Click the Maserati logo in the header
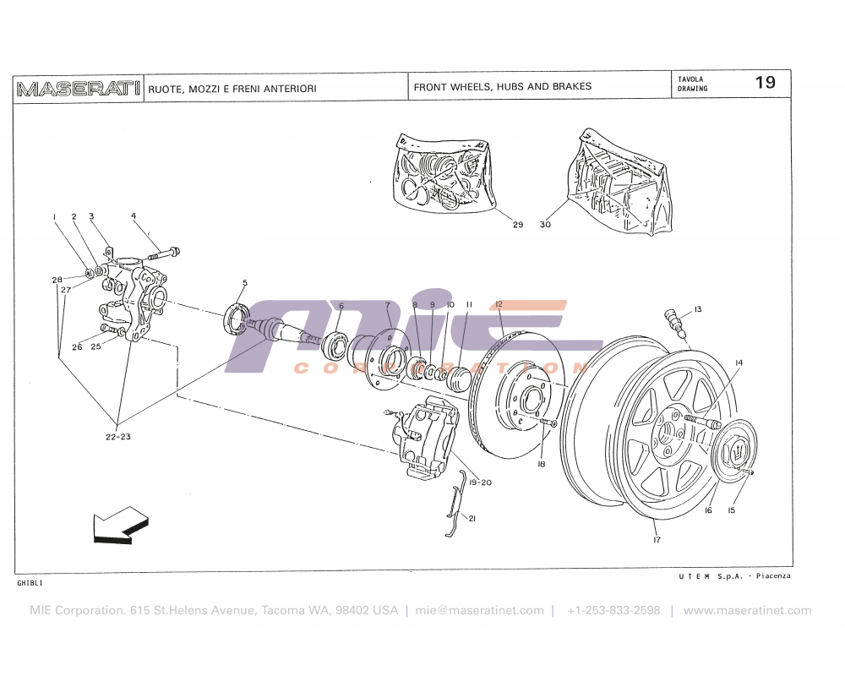tap(78, 88)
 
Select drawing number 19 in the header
tap(765, 83)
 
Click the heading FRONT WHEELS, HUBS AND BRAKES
tap(502, 86)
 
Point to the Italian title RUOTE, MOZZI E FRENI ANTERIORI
tap(232, 89)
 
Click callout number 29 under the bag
tap(517, 225)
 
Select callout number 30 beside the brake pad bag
tap(545, 225)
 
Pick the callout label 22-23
tap(117, 438)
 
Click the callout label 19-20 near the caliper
tap(479, 482)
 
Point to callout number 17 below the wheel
tap(656, 538)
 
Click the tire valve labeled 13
tap(673, 317)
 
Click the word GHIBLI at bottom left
tap(30, 583)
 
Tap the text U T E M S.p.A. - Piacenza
tap(733, 575)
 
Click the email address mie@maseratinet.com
tap(479, 610)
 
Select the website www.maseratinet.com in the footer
tap(747, 610)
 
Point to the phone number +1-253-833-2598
tap(613, 610)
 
